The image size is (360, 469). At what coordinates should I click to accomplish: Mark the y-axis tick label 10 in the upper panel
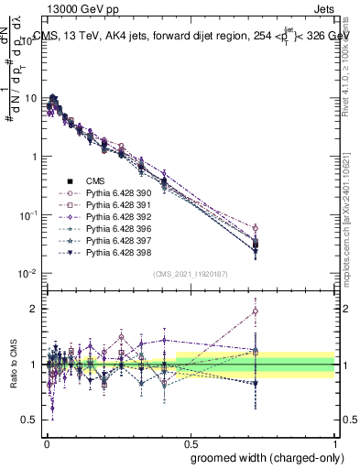[x=33, y=98]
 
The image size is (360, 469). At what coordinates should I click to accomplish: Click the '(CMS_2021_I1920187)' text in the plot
[x=191, y=272]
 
